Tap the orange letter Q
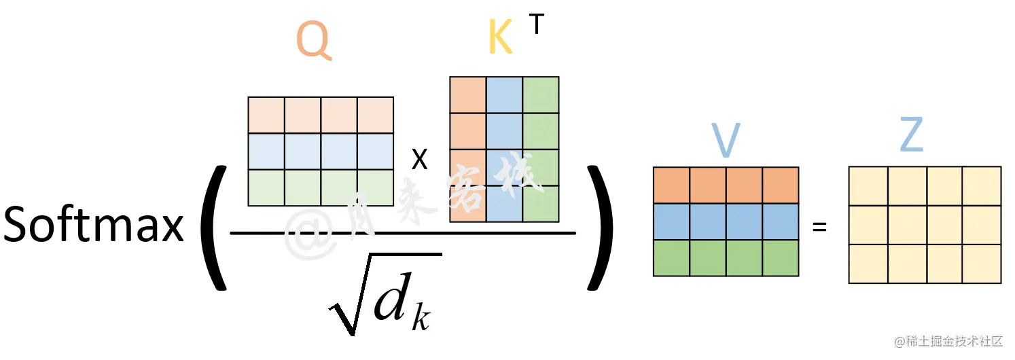(314, 39)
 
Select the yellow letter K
(501, 39)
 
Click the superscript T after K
(537, 24)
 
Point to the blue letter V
(725, 141)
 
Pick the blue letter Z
(911, 138)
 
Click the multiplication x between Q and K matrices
(421, 160)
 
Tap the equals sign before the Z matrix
(820, 227)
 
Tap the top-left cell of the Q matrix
(266, 115)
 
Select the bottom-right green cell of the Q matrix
(375, 187)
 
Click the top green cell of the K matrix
(541, 94)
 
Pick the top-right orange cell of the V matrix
(780, 185)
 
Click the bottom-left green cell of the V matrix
(671, 257)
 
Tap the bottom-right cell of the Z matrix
(981, 264)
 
